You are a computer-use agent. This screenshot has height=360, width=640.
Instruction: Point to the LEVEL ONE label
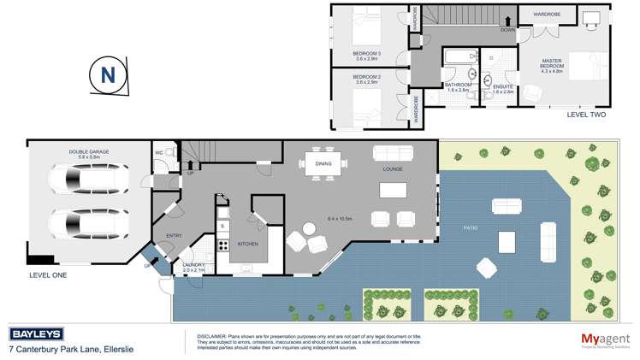(x=49, y=275)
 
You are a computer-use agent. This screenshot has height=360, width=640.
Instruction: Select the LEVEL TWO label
(x=585, y=114)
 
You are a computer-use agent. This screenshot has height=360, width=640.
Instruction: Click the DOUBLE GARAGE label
(x=90, y=151)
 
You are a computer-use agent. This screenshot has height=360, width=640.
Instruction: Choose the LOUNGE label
(x=393, y=171)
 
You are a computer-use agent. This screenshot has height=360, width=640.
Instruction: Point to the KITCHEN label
(x=247, y=244)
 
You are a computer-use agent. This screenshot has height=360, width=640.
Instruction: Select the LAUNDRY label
(x=193, y=265)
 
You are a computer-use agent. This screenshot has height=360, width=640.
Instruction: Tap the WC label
(x=159, y=153)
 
